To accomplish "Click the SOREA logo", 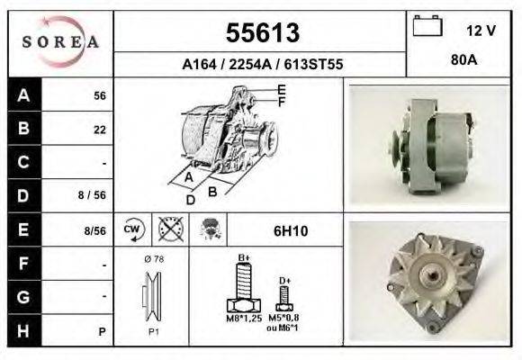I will (x=60, y=42).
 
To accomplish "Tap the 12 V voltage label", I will (x=481, y=30).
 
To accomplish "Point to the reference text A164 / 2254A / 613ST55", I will (x=261, y=65).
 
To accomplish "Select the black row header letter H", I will (x=22, y=330).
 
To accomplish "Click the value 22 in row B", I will (x=100, y=130).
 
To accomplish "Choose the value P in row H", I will (x=103, y=331).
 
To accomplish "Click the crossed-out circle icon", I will (x=170, y=230).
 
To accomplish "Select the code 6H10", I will (x=291, y=231).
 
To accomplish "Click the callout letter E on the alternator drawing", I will (x=282, y=89).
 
